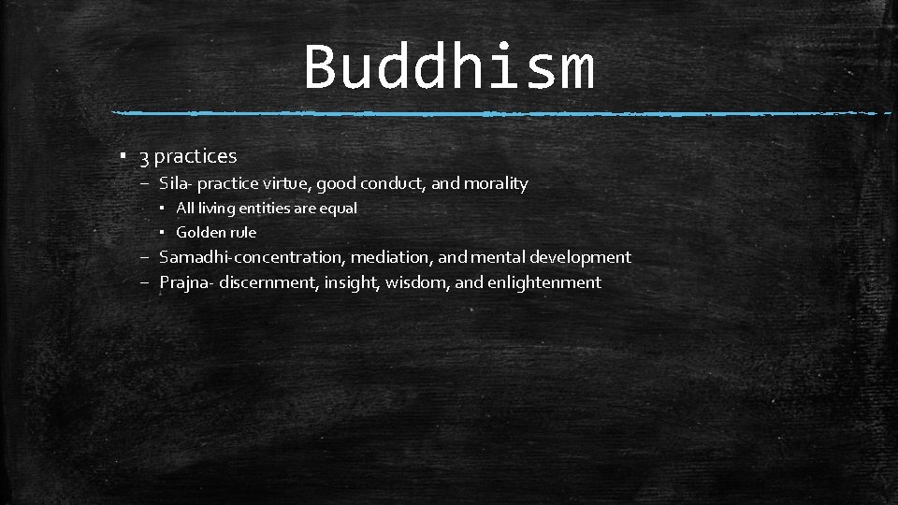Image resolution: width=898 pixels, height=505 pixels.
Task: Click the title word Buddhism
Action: tap(449, 67)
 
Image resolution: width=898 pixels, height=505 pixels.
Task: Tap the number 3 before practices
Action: tap(145, 156)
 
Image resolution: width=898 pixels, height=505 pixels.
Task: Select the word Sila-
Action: tap(176, 183)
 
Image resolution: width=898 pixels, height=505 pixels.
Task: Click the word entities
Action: tap(266, 209)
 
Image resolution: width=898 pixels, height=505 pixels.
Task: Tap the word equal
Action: tap(338, 209)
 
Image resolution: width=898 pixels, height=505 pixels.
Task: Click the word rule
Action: tap(243, 232)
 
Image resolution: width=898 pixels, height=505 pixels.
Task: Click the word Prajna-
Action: tap(187, 282)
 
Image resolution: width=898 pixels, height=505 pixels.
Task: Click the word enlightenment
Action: tap(544, 282)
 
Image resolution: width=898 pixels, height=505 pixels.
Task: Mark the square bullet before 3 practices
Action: tap(124, 156)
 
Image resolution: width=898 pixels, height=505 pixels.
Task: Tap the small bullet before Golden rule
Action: tap(163, 232)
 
